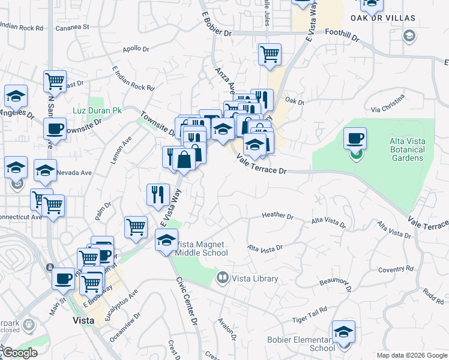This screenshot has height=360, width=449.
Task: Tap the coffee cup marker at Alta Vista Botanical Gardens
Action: pos(355,139)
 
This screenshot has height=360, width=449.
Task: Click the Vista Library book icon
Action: pos(223,278)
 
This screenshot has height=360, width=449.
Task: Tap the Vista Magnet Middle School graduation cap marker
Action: pos(166,241)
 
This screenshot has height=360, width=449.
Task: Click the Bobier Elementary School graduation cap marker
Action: pos(343,332)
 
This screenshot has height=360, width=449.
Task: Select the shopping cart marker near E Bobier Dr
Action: pos(270,55)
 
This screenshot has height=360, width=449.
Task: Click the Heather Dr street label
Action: pos(277,216)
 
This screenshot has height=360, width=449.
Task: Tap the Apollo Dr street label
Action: pos(135,50)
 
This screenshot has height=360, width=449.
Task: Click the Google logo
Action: pos(20,353)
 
